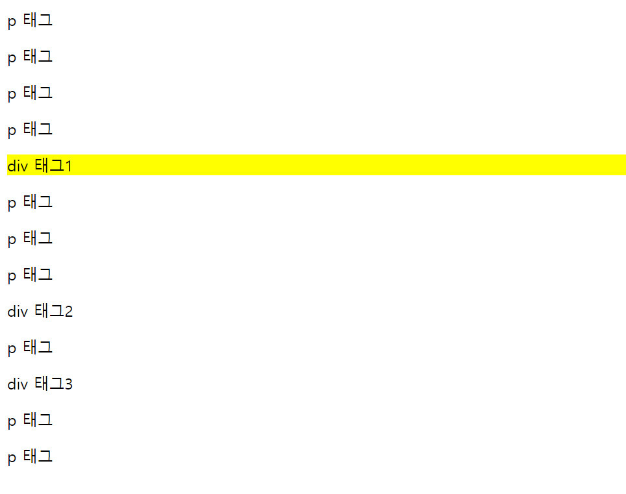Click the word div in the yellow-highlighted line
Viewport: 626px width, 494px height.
point(18,166)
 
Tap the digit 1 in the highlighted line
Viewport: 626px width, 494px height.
point(69,167)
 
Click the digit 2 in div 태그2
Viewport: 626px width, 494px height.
point(69,312)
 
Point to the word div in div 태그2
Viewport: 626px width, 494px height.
point(18,312)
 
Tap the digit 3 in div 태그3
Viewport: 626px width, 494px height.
point(69,385)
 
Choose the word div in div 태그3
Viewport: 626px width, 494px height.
point(18,384)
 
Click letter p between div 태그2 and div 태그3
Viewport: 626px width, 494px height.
point(12,349)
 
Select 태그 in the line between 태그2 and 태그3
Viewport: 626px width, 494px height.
point(38,347)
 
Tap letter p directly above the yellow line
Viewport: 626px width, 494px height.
point(12,130)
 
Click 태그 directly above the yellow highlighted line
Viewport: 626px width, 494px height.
point(38,129)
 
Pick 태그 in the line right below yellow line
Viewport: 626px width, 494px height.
point(38,202)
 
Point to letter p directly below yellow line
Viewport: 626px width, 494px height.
point(12,203)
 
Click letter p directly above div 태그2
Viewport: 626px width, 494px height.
point(12,276)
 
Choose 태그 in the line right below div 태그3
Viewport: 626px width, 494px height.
point(38,420)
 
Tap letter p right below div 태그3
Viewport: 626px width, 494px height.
point(12,421)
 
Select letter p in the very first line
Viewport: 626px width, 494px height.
point(12,21)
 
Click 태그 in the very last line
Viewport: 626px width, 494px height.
point(38,456)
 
